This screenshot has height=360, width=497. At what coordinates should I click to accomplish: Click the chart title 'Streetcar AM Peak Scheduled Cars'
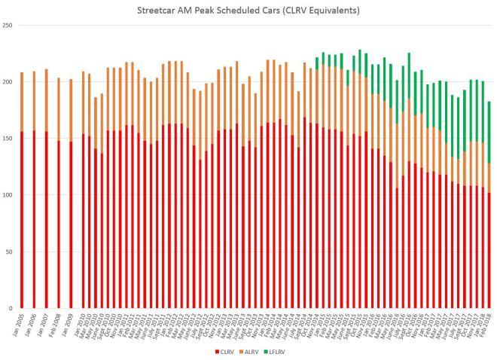[248, 11]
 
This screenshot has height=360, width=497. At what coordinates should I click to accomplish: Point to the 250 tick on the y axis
[8, 26]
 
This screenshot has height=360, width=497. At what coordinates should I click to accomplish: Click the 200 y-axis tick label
[8, 82]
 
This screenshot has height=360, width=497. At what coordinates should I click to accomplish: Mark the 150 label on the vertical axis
[8, 139]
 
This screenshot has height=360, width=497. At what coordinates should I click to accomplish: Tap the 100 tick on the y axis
[8, 195]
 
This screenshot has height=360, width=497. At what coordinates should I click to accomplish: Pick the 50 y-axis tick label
[10, 252]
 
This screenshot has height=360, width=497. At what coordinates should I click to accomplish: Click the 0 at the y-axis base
[11, 308]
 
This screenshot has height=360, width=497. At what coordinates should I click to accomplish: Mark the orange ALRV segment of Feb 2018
[489, 178]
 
